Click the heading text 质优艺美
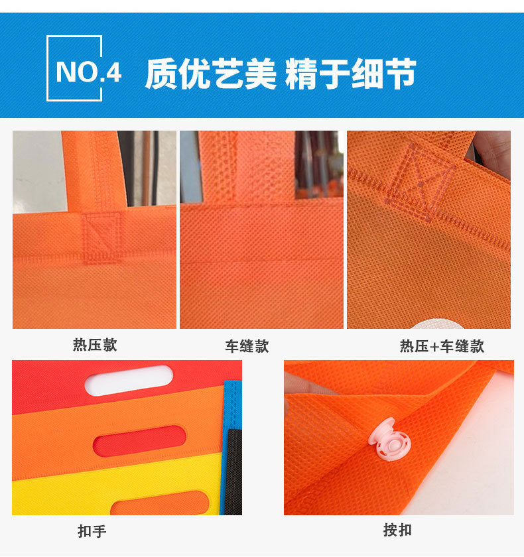pos(210,73)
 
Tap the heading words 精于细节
pos(350,73)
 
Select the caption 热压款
pos(95,345)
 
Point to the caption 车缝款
pos(247,346)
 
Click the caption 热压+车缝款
pos(442,346)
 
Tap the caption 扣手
pos(92,531)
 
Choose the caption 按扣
pos(397,530)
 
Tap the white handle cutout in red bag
pos(130,380)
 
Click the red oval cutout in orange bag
pos(139,441)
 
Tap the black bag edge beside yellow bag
pos(233,471)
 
